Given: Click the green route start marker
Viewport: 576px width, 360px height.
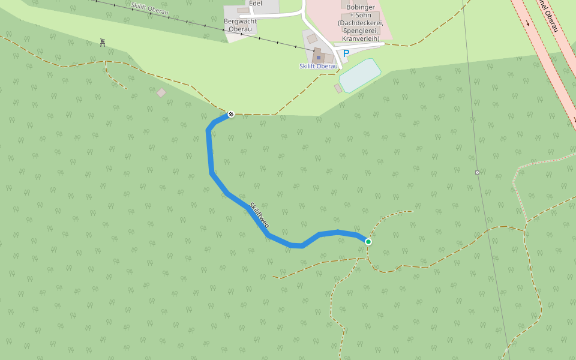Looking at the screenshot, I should click(368, 242).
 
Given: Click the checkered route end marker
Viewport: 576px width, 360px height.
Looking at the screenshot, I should click(231, 114).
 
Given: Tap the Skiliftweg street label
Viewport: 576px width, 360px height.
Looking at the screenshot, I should click(260, 215).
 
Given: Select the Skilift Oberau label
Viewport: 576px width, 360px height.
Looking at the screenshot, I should click(317, 66).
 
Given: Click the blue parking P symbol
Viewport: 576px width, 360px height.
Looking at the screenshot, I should click(346, 53).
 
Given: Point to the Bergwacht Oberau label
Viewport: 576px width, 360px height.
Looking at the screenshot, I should click(240, 25).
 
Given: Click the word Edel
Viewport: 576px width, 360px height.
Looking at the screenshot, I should click(255, 3).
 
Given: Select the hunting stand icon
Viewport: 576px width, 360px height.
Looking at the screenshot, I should click(103, 43).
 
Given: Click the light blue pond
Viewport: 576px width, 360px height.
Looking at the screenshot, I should click(360, 75).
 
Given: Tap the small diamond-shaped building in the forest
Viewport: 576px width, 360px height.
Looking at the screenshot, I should click(161, 92).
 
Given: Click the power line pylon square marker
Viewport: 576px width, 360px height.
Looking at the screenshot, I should click(477, 172).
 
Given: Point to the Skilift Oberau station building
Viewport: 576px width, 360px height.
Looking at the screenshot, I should click(319, 56).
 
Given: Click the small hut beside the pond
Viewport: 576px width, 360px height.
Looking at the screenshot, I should click(338, 89).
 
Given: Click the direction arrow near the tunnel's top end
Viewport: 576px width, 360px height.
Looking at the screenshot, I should click(528, 23).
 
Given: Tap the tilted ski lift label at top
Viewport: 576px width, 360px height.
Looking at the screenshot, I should click(149, 8).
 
